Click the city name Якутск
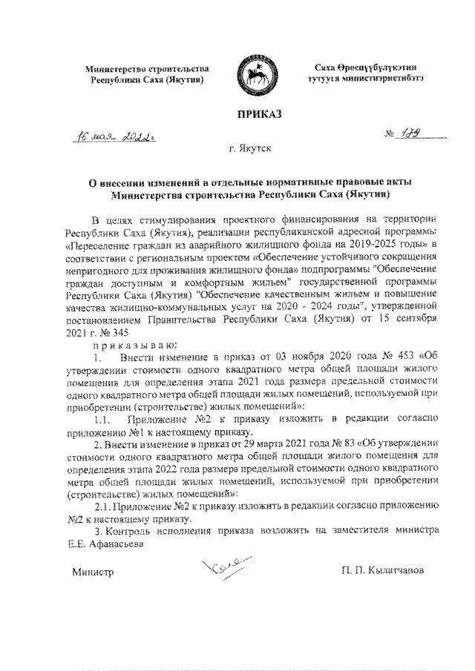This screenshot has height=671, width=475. [257, 148]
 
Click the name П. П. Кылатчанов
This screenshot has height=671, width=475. [383, 573]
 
